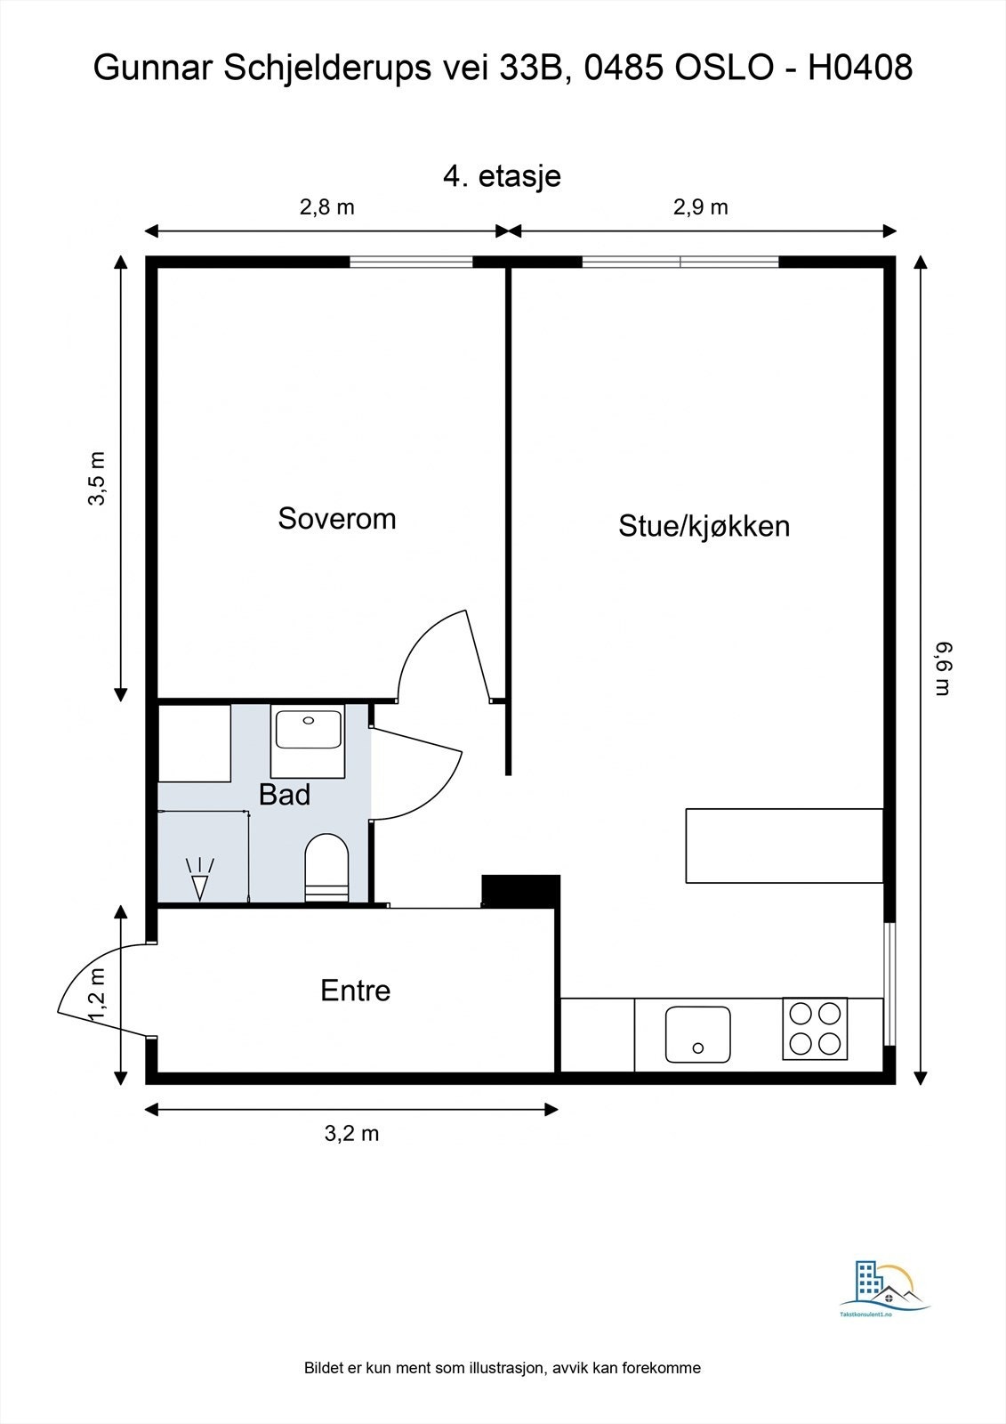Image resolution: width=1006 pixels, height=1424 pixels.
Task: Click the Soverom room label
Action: pyautogui.click(x=337, y=519)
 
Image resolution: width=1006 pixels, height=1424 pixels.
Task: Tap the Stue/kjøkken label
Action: pyautogui.click(x=704, y=526)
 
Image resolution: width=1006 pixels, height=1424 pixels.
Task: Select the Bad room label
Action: pyautogui.click(x=285, y=795)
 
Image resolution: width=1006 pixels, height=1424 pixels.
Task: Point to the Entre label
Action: pyautogui.click(x=355, y=991)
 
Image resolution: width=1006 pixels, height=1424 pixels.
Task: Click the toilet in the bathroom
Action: pyautogui.click(x=326, y=868)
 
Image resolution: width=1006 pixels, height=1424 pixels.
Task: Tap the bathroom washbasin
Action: pyautogui.click(x=309, y=729)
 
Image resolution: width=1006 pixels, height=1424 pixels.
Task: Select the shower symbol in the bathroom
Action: pyautogui.click(x=199, y=878)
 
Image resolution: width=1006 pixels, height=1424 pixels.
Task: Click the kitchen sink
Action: pyautogui.click(x=697, y=1034)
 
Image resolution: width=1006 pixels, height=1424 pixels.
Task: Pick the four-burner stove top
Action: pyautogui.click(x=815, y=1029)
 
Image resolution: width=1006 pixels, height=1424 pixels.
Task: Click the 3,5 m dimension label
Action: pyautogui.click(x=97, y=478)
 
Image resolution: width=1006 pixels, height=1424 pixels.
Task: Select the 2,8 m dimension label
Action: pyautogui.click(x=326, y=207)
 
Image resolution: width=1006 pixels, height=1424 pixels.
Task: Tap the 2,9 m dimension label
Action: pyautogui.click(x=700, y=207)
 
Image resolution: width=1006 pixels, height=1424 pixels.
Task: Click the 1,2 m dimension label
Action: pyautogui.click(x=98, y=995)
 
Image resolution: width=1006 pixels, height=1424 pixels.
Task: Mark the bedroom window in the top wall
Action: pyautogui.click(x=411, y=262)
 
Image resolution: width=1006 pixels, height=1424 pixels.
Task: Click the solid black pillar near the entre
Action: pyautogui.click(x=520, y=891)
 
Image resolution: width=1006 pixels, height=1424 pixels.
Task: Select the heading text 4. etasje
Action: pyautogui.click(x=502, y=177)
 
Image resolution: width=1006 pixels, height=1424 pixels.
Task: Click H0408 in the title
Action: pyautogui.click(x=860, y=68)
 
